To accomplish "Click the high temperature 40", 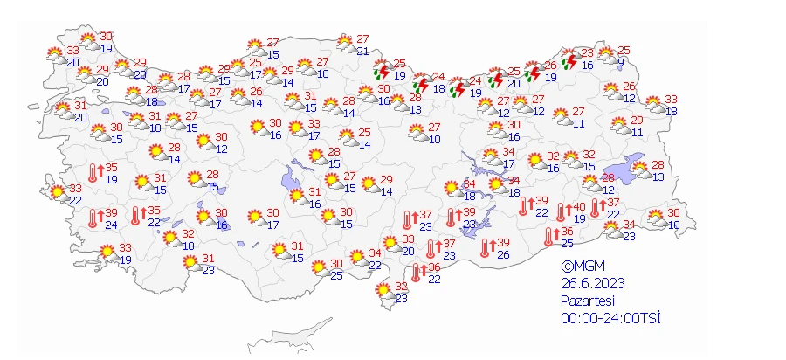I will coord(579,207).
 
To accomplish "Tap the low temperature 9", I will coord(620,63).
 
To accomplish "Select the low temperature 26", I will coord(503,254).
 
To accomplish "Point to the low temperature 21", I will coord(362,52).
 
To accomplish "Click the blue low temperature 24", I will coord(111,225).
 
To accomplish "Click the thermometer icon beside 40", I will coord(561,212).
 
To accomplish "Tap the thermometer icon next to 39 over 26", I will coord(485,248).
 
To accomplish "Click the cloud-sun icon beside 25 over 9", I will coord(606,56).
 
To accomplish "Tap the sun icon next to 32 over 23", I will coord(383,292).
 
